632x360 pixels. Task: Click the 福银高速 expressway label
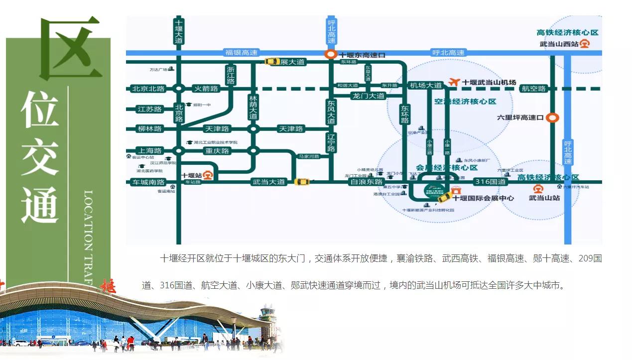(242, 52)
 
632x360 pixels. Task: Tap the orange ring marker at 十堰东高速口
(330, 55)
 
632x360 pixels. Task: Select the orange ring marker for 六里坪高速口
(552, 118)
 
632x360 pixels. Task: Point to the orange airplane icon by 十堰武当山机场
(453, 82)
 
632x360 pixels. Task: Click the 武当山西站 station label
(559, 44)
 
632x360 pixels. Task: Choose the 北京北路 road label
(148, 89)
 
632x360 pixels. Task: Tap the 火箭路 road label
(206, 89)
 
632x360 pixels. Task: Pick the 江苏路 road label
(149, 109)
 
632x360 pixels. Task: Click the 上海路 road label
(149, 150)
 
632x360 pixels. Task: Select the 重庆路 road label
(217, 150)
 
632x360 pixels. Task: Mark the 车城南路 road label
(147, 182)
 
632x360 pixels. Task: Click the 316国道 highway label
(490, 182)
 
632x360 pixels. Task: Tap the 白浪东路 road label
(366, 182)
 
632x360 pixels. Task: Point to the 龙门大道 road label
(368, 96)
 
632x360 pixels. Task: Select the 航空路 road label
(533, 89)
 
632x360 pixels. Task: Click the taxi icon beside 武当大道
(301, 182)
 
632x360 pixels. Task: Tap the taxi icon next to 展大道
(272, 61)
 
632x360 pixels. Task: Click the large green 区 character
(71, 48)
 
